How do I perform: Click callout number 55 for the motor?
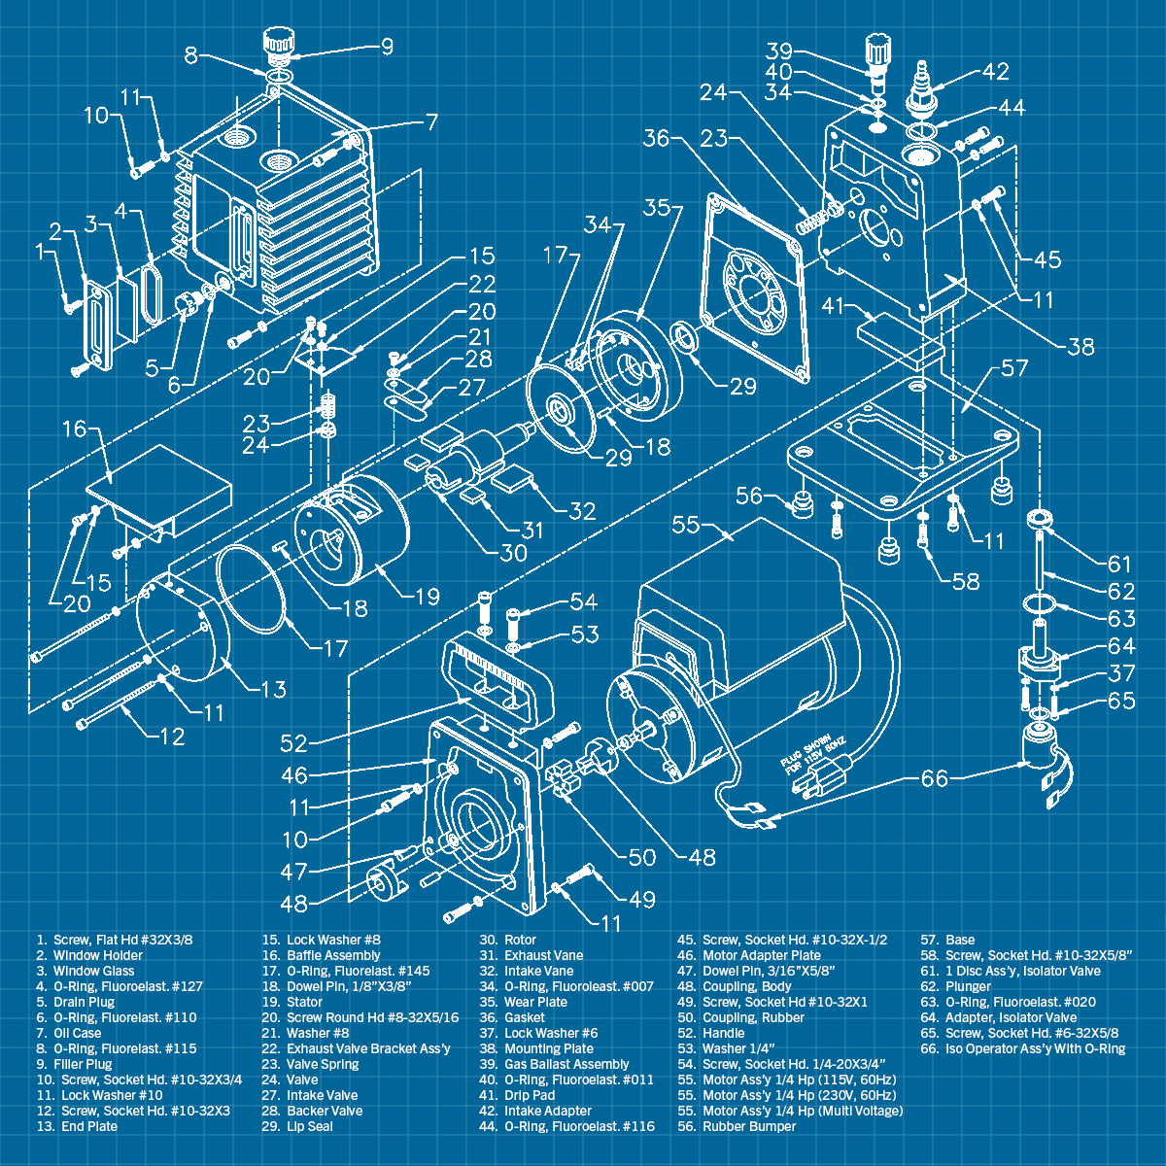(686, 524)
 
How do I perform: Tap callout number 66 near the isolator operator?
(934, 778)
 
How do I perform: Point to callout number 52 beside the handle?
(293, 743)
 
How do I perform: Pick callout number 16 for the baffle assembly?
(75, 429)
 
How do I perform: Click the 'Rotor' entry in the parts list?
(520, 940)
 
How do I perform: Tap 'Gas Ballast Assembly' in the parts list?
(566, 1064)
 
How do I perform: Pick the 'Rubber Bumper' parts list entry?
(749, 1126)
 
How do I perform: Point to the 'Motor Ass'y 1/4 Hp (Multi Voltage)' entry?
(803, 1111)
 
